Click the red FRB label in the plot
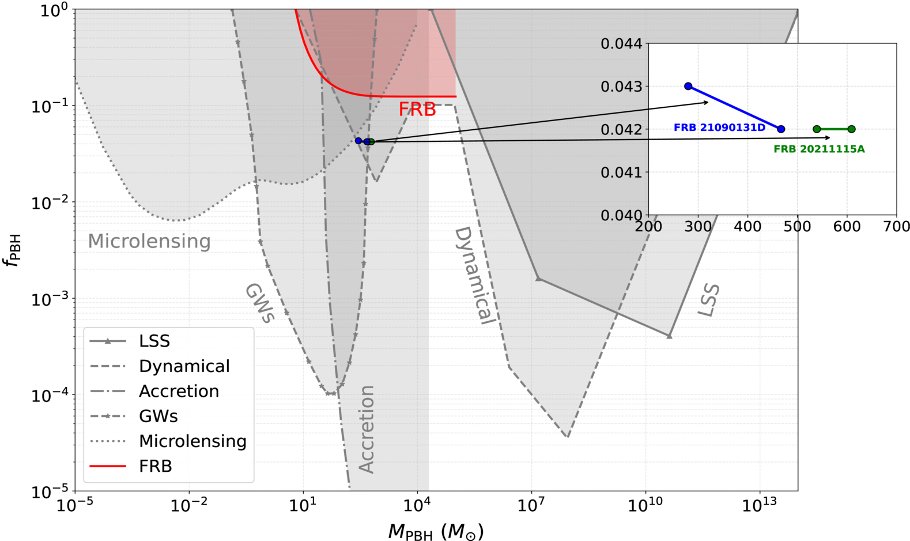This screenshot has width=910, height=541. (x=417, y=110)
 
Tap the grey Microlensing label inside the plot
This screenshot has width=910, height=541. (x=149, y=241)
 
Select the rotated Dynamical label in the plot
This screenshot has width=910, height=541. (x=474, y=276)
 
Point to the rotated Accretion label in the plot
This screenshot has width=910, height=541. (x=367, y=429)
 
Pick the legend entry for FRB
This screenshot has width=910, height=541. (x=130, y=466)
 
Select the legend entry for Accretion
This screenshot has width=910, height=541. (x=154, y=391)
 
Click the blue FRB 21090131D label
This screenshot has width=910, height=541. (x=719, y=127)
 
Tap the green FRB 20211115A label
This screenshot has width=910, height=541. (x=819, y=149)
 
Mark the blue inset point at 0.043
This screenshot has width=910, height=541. (x=688, y=86)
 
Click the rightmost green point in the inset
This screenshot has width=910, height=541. (x=851, y=129)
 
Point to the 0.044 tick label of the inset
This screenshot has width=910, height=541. (x=622, y=43)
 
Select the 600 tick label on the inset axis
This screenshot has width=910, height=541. (x=847, y=227)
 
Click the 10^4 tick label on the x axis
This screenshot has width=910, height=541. (x=417, y=505)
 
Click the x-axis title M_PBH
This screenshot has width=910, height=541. (x=436, y=532)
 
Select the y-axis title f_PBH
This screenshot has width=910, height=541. (x=13, y=250)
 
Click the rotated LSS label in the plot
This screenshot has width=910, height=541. (x=709, y=300)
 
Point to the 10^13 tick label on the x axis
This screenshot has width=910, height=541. (x=759, y=505)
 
